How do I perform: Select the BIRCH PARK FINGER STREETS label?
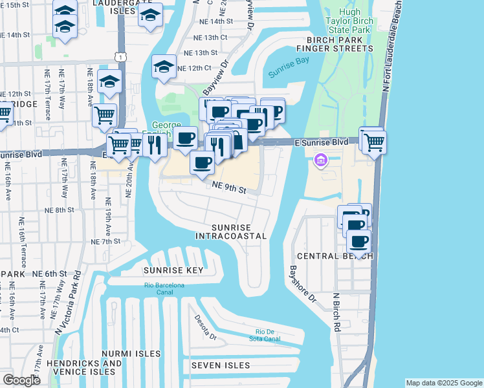[335, 48]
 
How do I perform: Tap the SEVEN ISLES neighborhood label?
[220, 365]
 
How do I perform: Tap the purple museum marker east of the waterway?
[320, 159]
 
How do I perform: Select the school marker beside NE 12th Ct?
[164, 66]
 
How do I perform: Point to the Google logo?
[21, 380]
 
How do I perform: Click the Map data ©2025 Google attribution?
[444, 383]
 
